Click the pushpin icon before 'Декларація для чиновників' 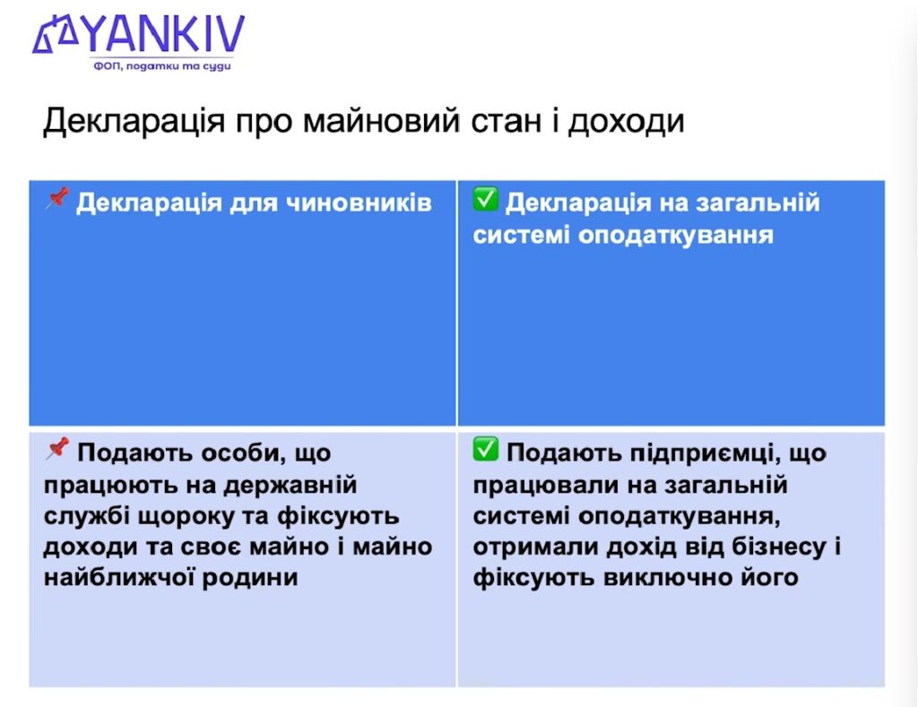56,199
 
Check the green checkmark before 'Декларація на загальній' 485,200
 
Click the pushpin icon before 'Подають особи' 56,450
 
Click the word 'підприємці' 679,454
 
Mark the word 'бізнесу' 768,547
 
